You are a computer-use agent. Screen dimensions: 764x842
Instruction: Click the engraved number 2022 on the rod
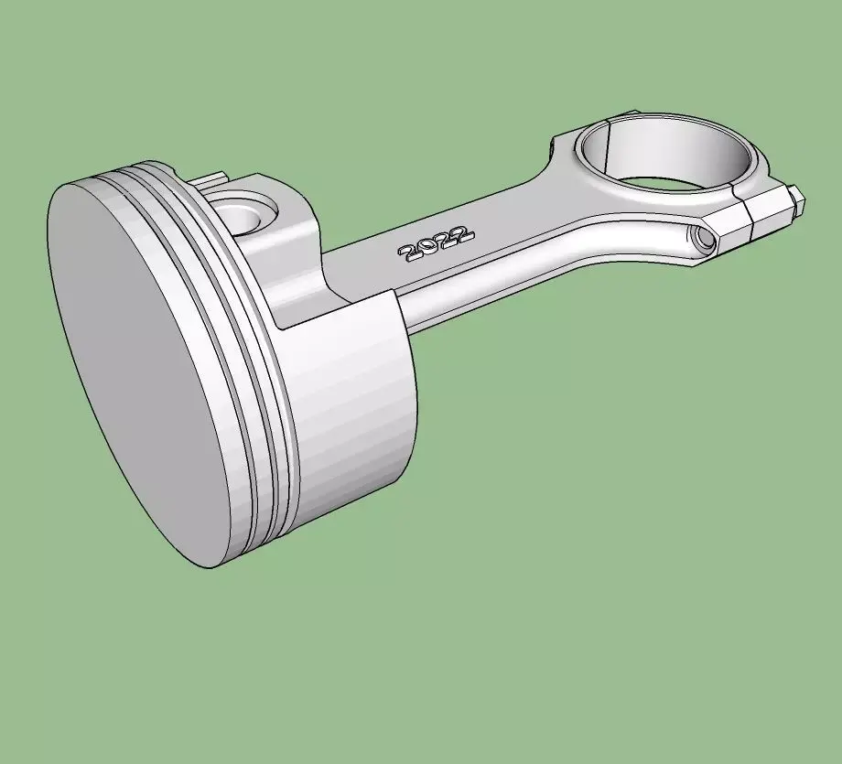point(436,243)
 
